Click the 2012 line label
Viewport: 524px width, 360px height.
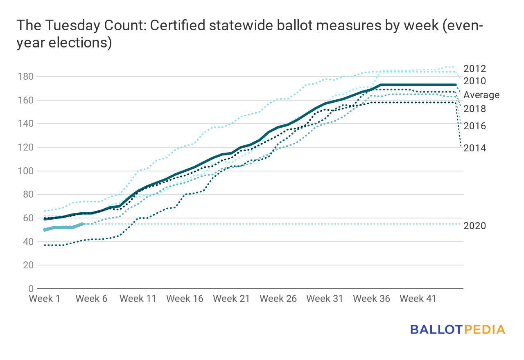[474, 69]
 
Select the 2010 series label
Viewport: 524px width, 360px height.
[474, 81]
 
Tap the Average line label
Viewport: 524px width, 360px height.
[481, 95]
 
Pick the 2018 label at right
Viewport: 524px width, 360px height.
[474, 109]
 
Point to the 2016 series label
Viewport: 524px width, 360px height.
[474, 126]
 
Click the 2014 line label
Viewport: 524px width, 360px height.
[474, 148]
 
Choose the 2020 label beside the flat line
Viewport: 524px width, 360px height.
[474, 225]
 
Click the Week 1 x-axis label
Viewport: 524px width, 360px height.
[45, 299]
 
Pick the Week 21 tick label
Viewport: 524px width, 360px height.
[232, 299]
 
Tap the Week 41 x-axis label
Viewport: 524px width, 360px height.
[418, 299]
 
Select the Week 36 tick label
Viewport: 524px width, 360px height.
[371, 299]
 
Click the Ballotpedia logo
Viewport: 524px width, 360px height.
[457, 329]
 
